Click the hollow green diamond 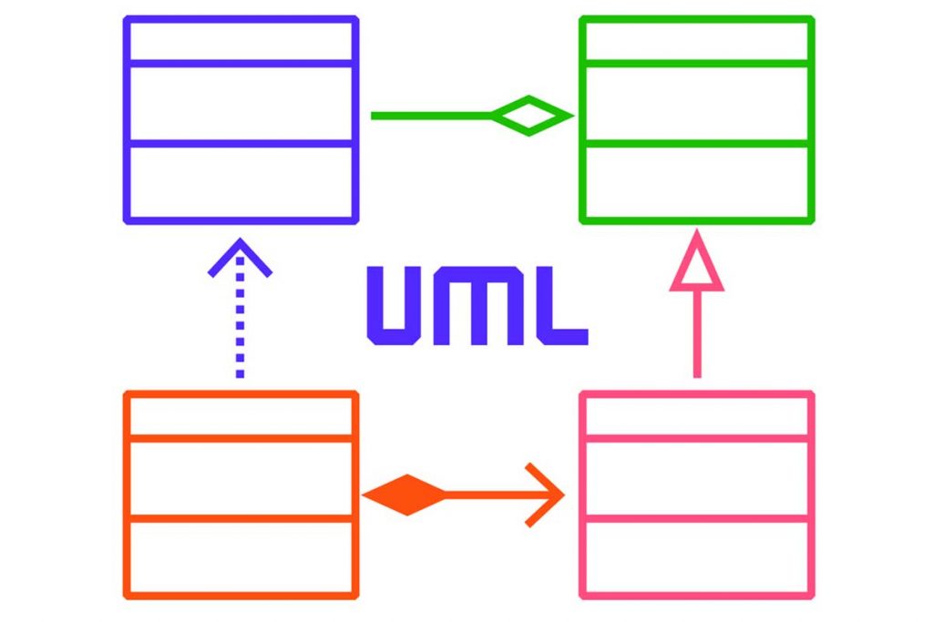click(529, 116)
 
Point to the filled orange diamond click(405, 495)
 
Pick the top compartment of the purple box click(241, 41)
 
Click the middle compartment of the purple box click(241, 103)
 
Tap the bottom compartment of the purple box click(241, 181)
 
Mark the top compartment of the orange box click(241, 415)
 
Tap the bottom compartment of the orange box click(241, 557)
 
